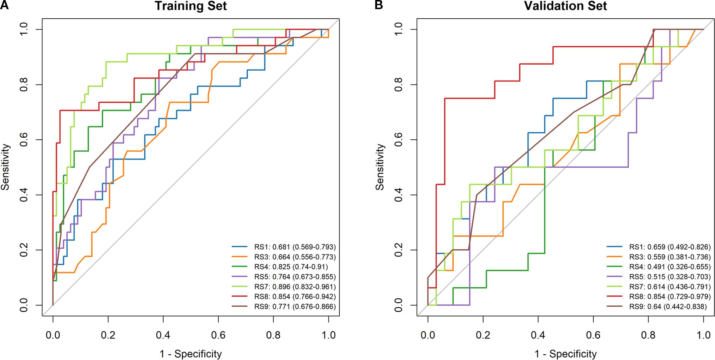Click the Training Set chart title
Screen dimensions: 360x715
[x=190, y=6]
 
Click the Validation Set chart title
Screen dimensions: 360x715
[x=565, y=6]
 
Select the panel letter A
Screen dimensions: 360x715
[x=4, y=5]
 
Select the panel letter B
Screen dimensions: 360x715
[x=378, y=5]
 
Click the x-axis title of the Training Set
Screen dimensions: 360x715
[x=190, y=354]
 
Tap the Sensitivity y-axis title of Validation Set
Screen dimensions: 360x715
[x=380, y=167]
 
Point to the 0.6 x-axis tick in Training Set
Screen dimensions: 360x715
[x=218, y=335]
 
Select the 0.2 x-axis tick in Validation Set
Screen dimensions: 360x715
[x=483, y=335]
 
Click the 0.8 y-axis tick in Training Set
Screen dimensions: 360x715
[x=24, y=85]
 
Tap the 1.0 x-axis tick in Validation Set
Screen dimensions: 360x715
[x=703, y=335]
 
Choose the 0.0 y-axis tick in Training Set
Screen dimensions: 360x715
[x=24, y=305]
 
